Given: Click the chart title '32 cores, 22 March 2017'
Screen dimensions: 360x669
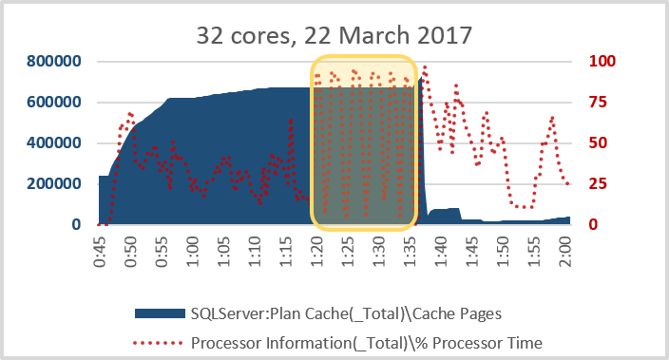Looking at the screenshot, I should (x=334, y=37).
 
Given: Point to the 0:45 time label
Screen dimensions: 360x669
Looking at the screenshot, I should (x=100, y=252).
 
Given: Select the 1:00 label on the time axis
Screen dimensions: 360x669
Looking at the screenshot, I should (x=193, y=252).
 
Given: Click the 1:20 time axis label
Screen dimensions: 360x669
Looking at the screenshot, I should (x=317, y=252).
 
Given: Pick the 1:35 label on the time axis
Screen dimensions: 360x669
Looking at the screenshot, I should (x=411, y=252).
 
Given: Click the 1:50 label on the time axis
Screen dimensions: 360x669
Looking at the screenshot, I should (x=505, y=252).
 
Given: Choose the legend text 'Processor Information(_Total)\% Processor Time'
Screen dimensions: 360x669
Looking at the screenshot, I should (x=366, y=342).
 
